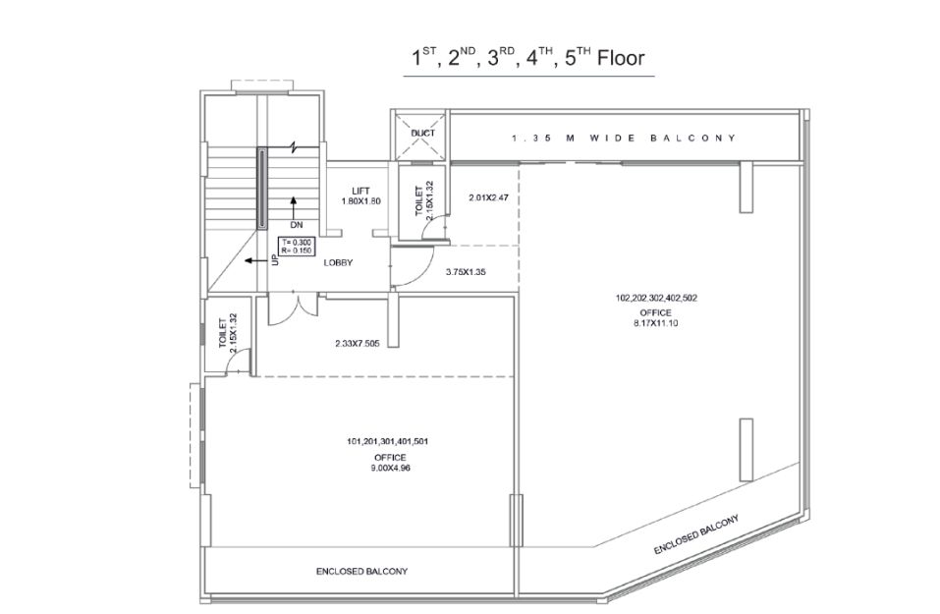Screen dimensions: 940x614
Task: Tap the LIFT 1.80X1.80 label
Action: tap(360, 196)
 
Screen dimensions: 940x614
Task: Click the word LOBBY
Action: tap(338, 262)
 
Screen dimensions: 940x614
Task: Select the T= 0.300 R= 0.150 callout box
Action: tap(297, 247)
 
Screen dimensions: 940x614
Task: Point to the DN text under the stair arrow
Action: tap(297, 225)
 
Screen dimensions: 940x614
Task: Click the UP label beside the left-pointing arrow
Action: tap(275, 259)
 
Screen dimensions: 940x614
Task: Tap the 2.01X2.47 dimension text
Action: tap(488, 196)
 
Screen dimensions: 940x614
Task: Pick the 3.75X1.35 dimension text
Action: tap(466, 271)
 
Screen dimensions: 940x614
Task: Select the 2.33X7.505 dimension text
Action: tap(357, 344)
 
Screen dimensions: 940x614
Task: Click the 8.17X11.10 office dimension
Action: tap(656, 323)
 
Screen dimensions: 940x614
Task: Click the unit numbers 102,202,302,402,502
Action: tap(656, 298)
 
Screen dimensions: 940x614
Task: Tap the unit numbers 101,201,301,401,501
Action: tap(387, 442)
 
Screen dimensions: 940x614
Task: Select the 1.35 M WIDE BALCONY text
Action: tap(624, 138)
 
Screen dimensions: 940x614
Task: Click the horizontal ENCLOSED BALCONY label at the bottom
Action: tap(362, 572)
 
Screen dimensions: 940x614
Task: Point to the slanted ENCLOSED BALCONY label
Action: tap(696, 533)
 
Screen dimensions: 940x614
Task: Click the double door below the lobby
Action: tap(293, 308)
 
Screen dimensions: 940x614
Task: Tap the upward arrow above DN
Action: tap(293, 207)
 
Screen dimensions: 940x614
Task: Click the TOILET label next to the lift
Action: tap(419, 200)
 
